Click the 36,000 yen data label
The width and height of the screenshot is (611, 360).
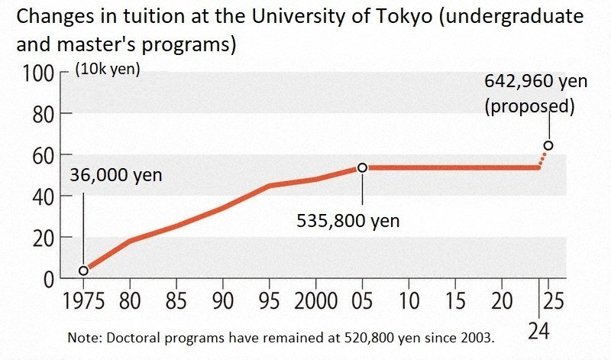point(115,175)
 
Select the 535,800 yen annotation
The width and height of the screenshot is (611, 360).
point(348,222)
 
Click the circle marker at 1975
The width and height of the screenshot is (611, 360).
point(83,270)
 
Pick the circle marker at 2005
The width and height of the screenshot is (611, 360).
point(362,167)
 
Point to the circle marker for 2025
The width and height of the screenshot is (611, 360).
point(548,145)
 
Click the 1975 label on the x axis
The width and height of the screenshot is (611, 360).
point(84,300)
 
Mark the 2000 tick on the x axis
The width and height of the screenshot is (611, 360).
point(315,300)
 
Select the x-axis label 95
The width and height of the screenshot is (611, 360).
point(268,300)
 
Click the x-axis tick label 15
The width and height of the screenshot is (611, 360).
point(454,300)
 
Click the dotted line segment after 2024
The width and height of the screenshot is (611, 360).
point(543,158)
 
